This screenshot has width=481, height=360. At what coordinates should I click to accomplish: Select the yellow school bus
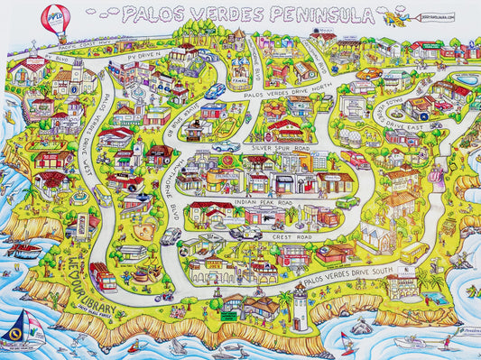click(x=414, y=248)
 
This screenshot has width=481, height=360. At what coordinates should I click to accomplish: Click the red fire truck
click(x=103, y=275)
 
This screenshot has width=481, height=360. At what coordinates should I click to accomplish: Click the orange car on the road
click(x=368, y=73)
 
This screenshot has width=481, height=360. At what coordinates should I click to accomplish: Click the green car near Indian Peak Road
click(x=347, y=202)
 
